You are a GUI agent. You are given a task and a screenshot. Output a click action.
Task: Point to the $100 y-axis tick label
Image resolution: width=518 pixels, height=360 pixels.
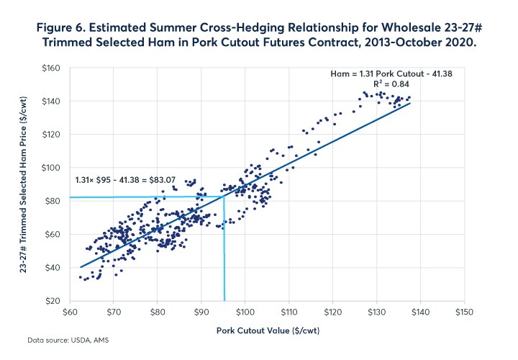coord(54,167)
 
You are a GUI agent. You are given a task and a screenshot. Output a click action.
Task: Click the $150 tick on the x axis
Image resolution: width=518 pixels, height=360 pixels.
coord(463,313)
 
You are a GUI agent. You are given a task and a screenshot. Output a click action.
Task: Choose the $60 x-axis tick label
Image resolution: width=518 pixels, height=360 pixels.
coord(70,313)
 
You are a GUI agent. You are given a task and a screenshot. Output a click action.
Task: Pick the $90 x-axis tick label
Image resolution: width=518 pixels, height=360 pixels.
coord(201,313)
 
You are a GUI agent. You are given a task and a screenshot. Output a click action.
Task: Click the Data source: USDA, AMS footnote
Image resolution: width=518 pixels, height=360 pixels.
coord(63,338)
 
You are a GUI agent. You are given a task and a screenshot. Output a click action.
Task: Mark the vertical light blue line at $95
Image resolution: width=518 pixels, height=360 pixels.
coord(224,252)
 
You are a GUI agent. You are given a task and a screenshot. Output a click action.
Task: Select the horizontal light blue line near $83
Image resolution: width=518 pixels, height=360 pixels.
coord(144,197)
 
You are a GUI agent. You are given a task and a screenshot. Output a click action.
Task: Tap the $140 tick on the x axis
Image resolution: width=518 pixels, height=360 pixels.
coord(419,313)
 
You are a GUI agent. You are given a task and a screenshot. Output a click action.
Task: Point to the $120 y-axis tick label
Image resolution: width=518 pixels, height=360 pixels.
coord(54,134)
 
